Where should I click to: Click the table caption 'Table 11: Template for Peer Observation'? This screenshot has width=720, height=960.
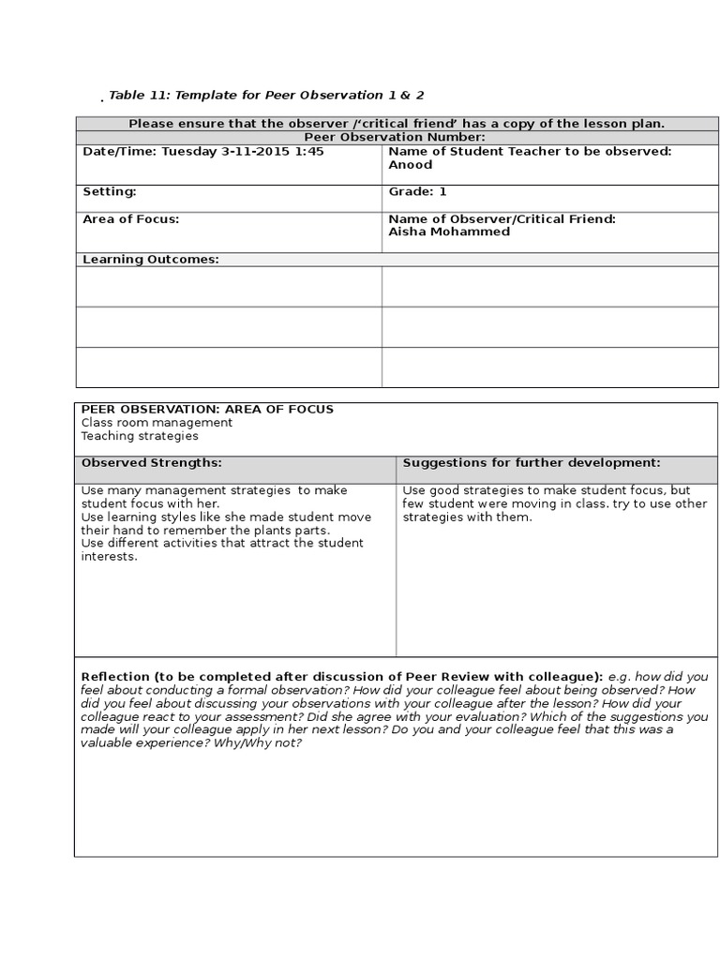260,96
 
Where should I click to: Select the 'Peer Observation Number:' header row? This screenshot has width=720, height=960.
396,137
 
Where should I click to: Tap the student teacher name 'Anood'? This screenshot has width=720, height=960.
410,165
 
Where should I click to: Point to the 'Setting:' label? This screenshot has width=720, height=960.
110,191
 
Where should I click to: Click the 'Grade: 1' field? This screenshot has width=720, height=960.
417,191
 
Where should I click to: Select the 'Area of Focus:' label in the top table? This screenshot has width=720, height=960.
130,218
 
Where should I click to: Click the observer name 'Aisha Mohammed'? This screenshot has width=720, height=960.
449,232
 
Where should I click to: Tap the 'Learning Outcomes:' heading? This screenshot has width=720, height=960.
150,260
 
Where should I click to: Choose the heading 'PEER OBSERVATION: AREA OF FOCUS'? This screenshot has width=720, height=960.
207,410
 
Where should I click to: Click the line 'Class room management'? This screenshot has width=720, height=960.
157,423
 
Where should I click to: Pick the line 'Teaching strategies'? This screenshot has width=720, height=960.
140,436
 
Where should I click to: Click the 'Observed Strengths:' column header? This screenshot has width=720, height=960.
151,463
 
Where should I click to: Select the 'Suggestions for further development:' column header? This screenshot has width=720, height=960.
532,463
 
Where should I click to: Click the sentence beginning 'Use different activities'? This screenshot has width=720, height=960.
222,543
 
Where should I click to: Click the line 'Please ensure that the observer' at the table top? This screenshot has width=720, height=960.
396,124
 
